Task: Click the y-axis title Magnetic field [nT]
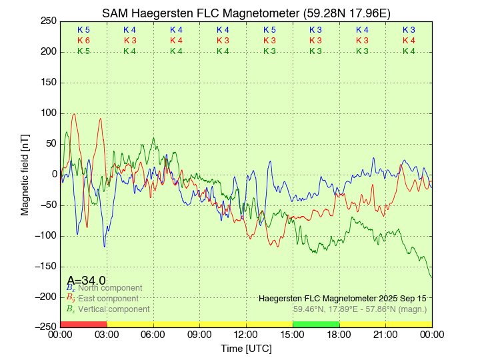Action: (25, 173)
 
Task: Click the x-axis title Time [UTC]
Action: (247, 349)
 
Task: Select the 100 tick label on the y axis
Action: (49, 113)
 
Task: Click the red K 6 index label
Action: (83, 41)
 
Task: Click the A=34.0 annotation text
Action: (86, 281)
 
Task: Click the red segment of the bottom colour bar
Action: (83, 324)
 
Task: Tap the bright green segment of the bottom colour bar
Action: (316, 324)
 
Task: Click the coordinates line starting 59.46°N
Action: (360, 309)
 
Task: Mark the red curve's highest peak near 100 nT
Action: (74, 114)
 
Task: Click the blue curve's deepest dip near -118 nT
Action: (104, 247)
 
